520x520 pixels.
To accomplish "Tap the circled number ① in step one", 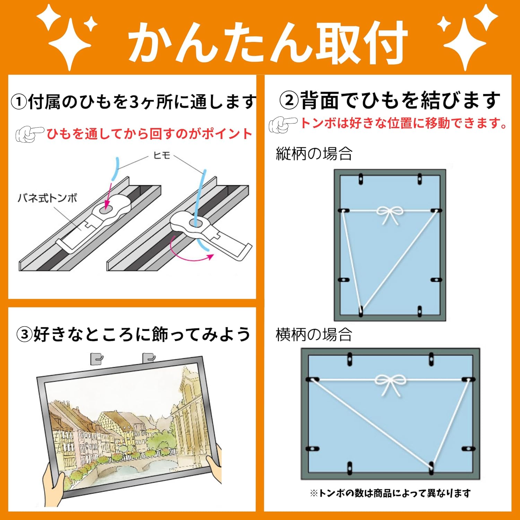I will (19, 102).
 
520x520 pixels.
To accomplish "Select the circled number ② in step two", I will (289, 101).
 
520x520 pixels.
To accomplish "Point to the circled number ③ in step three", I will (24, 335).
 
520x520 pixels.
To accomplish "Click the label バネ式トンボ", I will (47, 198).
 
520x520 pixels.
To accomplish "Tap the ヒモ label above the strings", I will (162, 155).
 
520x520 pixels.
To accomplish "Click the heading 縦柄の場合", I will (314, 154).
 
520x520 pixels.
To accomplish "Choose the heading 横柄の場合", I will (314, 335).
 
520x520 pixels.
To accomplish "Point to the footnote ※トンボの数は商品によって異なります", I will (390, 493).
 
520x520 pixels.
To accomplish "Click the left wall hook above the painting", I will (97, 358).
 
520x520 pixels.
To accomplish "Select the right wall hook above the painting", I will (149, 358).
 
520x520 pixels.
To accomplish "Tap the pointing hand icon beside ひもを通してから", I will (29, 134).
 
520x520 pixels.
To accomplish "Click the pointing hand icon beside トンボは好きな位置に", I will (283, 124).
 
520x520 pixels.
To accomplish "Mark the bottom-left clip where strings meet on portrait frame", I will (361, 310).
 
